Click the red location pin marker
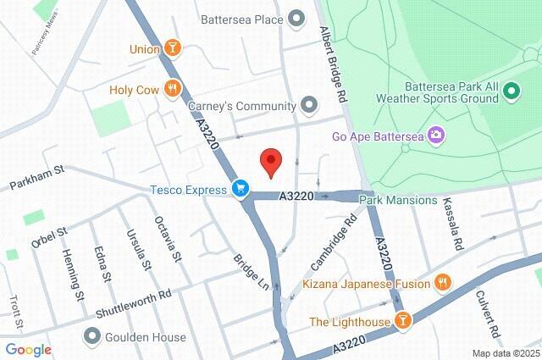pos(270,161)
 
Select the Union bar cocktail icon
pos(173,48)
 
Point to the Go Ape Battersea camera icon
pos(435,135)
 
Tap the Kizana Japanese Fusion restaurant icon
pos(441,282)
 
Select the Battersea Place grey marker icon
pos(296,17)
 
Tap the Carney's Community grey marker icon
pos(310,106)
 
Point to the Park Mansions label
pos(398,201)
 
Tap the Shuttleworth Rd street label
pos(133,301)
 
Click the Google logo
pos(28,349)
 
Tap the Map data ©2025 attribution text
pos(505,353)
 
